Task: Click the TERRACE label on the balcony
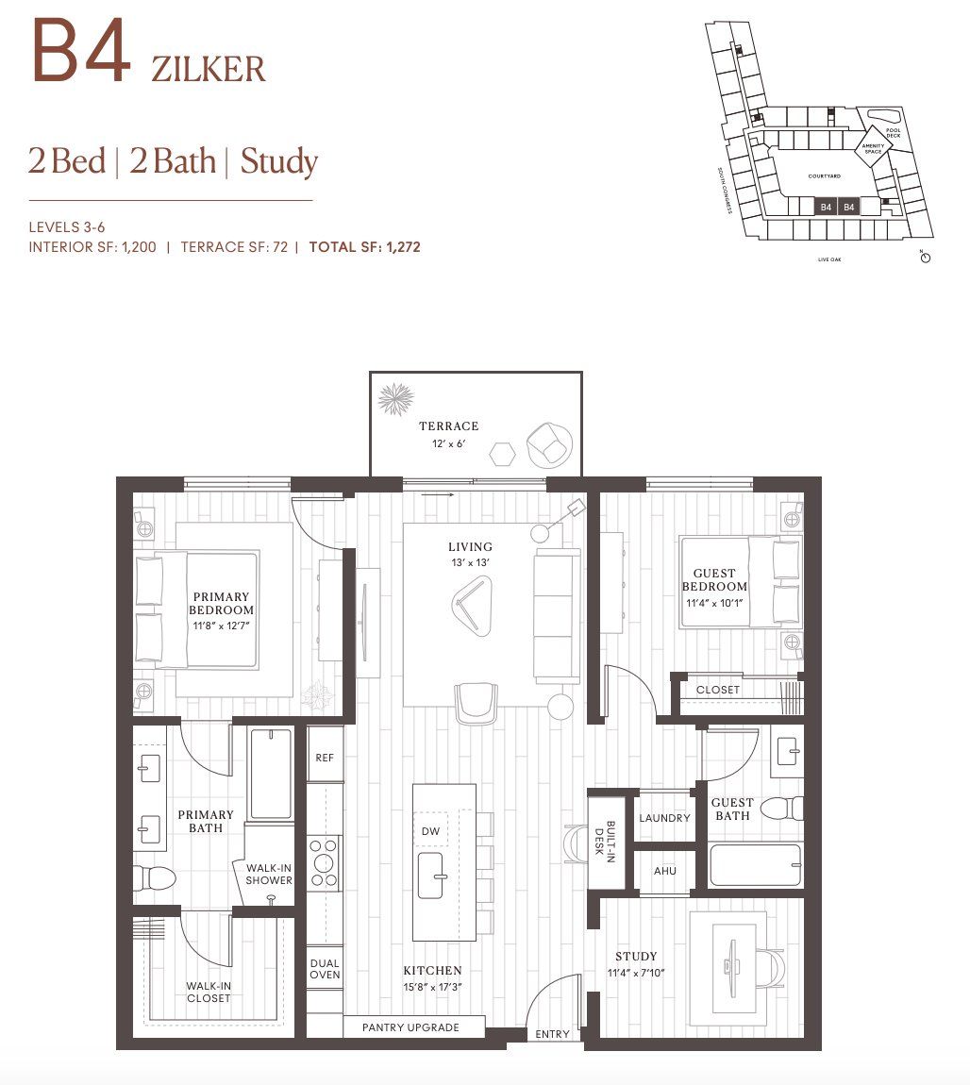coord(448,426)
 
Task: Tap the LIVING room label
coord(470,546)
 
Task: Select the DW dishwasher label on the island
coord(430,831)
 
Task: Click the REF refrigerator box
coord(325,757)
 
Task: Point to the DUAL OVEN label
coord(325,969)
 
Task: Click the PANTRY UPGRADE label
coord(410,1027)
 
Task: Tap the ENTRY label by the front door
coord(552,1034)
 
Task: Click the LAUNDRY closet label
coord(664,818)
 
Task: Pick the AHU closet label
coord(664,870)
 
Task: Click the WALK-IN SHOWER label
coord(269,874)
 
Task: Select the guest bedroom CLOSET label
coord(717,690)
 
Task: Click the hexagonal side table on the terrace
coord(502,454)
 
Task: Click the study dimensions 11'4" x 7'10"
coord(635,972)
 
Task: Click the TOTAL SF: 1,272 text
coord(364,247)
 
